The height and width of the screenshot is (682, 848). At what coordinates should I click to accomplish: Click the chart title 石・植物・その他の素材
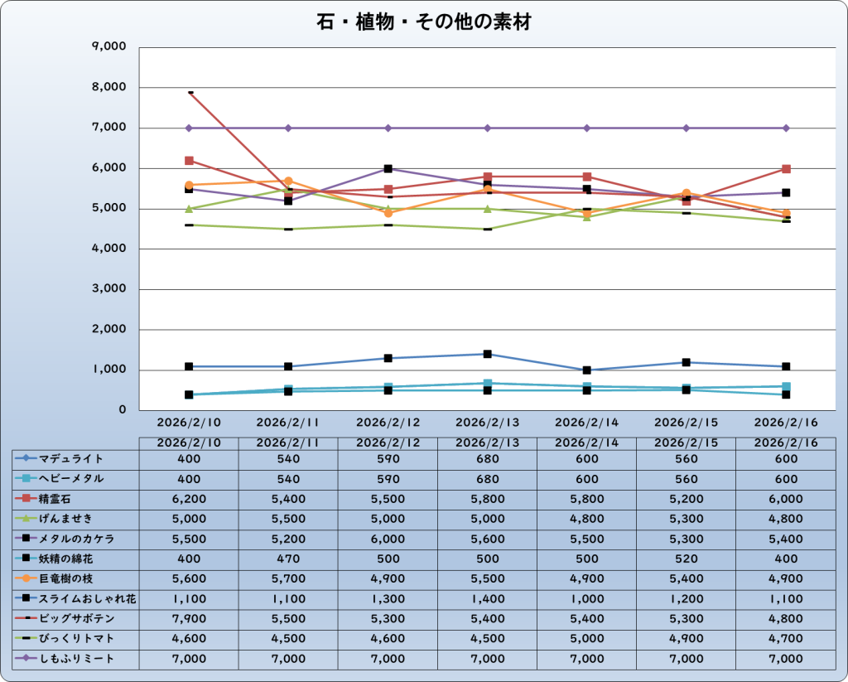423,22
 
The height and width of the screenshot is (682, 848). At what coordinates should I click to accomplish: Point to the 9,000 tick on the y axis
108,47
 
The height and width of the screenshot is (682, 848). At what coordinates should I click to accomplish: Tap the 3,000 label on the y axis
108,289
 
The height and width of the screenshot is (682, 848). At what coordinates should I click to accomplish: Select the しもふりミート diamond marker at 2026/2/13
487,128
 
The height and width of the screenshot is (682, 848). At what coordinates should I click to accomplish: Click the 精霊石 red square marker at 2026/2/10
189,161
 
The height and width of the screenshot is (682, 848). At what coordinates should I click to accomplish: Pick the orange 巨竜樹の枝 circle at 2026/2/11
288,181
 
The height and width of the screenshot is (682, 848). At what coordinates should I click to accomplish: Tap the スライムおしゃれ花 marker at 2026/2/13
487,354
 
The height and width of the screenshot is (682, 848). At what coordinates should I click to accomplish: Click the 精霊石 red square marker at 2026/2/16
786,169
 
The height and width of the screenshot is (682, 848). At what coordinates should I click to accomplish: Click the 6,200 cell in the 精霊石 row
189,499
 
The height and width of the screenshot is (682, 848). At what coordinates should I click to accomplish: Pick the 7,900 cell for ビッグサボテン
189,619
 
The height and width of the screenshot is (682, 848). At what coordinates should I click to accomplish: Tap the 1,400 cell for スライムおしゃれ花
487,599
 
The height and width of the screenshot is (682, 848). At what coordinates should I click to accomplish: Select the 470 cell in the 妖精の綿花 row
288,559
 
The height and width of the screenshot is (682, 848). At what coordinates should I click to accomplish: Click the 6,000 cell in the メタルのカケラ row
388,539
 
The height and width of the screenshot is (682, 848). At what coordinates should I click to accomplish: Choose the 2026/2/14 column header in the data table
586,443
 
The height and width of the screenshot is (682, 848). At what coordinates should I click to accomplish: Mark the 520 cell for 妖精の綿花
686,559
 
